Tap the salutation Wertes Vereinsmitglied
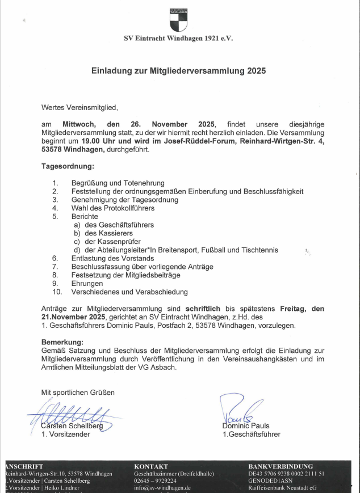[x=80, y=107]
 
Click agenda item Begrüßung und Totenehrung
[x=118, y=183]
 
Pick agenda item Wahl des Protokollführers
[x=112, y=208]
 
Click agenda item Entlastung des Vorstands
[x=112, y=258]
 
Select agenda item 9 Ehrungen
[x=87, y=283]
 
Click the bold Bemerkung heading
[x=62, y=343]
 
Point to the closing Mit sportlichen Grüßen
[x=78, y=393]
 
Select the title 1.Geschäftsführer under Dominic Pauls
[x=251, y=435]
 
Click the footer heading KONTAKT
[x=150, y=466]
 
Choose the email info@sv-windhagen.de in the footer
[x=162, y=487]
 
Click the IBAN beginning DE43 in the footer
[x=286, y=474]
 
